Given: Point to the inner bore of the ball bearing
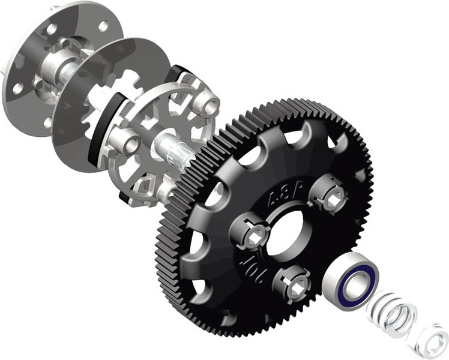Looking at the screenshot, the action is click(358, 282).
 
